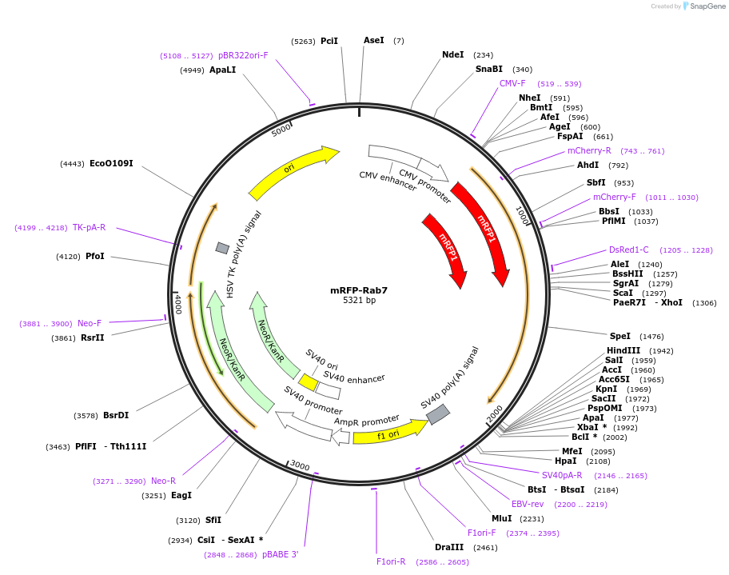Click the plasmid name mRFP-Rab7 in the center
click(x=359, y=290)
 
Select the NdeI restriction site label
click(x=452, y=55)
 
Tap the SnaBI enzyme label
click(x=488, y=70)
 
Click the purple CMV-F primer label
click(x=512, y=84)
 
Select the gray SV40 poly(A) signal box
click(x=438, y=414)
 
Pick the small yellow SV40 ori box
click(x=308, y=382)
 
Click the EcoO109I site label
click(x=111, y=164)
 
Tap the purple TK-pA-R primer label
click(x=89, y=228)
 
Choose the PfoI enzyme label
click(x=94, y=257)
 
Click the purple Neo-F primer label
click(x=90, y=324)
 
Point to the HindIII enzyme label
click(x=623, y=351)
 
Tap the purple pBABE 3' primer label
click(x=280, y=554)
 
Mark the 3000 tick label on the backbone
click(x=300, y=465)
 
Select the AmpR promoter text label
click(x=366, y=421)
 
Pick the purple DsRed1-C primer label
click(x=629, y=250)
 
